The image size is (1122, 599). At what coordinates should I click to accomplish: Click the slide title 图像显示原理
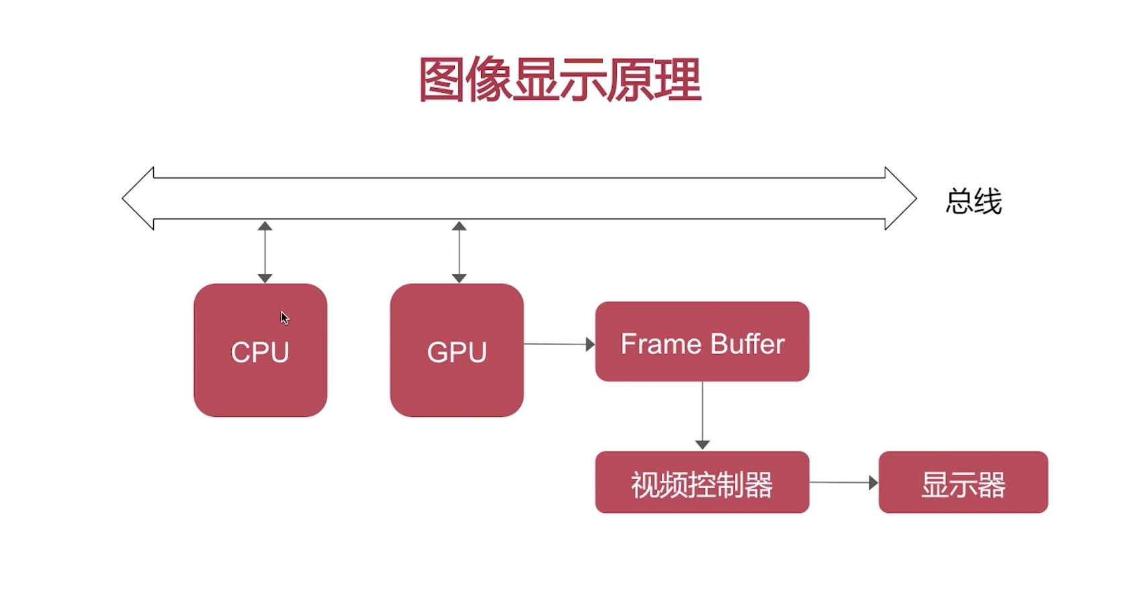pos(560,80)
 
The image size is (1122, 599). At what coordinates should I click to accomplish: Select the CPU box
pos(260,383)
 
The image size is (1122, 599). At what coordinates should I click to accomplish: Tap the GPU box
pos(456,383)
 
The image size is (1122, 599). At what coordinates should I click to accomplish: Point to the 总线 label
pos(974,201)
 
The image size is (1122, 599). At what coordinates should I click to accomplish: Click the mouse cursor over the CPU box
pos(284,318)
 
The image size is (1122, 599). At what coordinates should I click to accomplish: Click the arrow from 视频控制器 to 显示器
pos(844,482)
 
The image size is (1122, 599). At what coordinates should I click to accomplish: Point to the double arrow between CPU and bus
pos(265,252)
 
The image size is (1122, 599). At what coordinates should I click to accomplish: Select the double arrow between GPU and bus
pos(459,252)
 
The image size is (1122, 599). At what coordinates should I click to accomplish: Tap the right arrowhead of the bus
pos(900,198)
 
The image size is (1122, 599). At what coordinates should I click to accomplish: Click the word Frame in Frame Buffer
pos(661,344)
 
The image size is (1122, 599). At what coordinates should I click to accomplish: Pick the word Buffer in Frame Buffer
pos(747,344)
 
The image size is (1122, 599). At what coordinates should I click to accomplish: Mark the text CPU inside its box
pos(260,353)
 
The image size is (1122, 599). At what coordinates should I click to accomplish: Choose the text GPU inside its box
pos(457,353)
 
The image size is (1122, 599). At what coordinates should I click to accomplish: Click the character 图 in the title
pos(441,80)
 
